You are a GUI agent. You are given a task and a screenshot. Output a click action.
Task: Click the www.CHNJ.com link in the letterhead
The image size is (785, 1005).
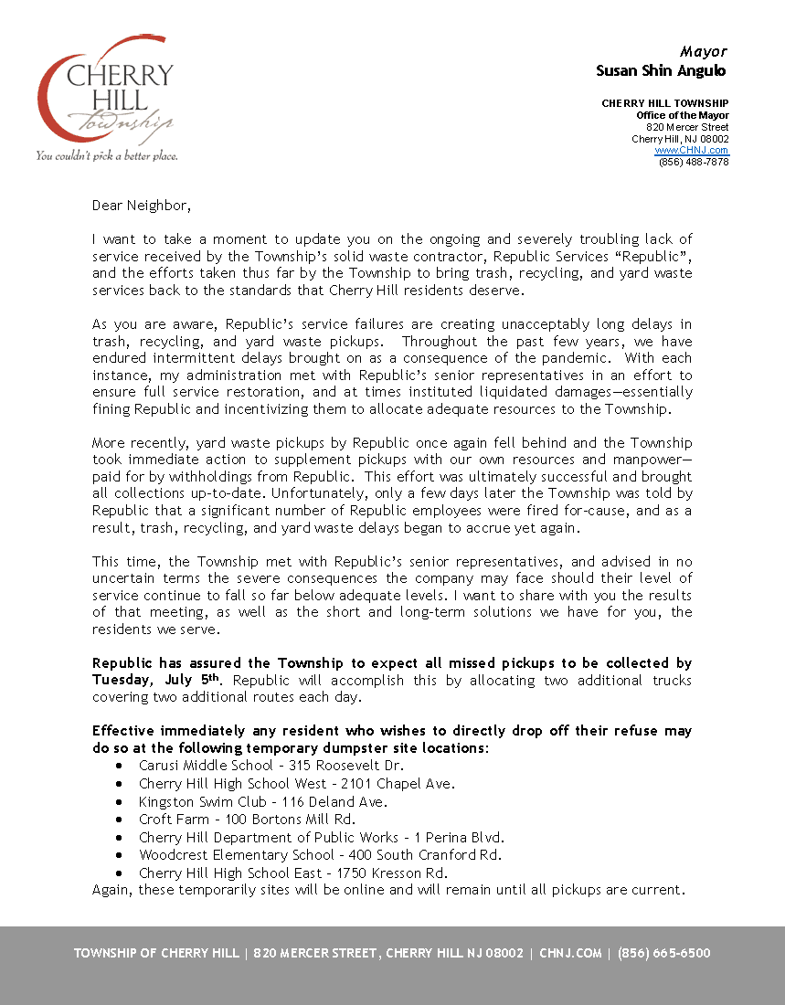click(692, 150)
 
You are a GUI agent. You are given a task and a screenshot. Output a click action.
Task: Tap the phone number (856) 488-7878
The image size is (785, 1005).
click(694, 162)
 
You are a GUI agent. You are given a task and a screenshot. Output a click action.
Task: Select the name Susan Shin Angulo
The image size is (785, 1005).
click(661, 70)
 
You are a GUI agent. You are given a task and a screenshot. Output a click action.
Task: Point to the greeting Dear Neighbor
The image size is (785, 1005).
click(142, 206)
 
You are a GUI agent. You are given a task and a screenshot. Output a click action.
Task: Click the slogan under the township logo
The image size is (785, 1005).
click(106, 156)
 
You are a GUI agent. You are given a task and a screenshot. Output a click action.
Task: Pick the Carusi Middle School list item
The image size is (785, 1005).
click(271, 766)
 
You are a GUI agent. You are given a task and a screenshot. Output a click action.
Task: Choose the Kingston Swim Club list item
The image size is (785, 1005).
click(263, 801)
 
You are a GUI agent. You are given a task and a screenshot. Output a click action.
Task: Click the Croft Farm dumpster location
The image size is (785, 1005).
click(247, 820)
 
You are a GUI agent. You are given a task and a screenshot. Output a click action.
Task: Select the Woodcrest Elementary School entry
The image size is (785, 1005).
click(320, 855)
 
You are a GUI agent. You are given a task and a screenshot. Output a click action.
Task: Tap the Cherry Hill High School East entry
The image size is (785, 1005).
click(292, 873)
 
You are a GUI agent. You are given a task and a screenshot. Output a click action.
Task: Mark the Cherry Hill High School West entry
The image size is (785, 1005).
click(297, 784)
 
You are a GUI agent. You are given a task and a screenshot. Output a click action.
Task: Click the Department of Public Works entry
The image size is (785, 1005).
click(322, 837)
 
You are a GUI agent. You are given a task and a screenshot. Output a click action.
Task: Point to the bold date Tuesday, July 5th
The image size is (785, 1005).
click(156, 680)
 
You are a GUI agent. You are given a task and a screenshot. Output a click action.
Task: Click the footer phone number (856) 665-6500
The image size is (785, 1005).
click(664, 953)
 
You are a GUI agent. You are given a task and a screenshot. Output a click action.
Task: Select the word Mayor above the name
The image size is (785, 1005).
click(704, 51)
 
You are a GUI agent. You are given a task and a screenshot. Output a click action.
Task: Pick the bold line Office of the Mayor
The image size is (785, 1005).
click(683, 115)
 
